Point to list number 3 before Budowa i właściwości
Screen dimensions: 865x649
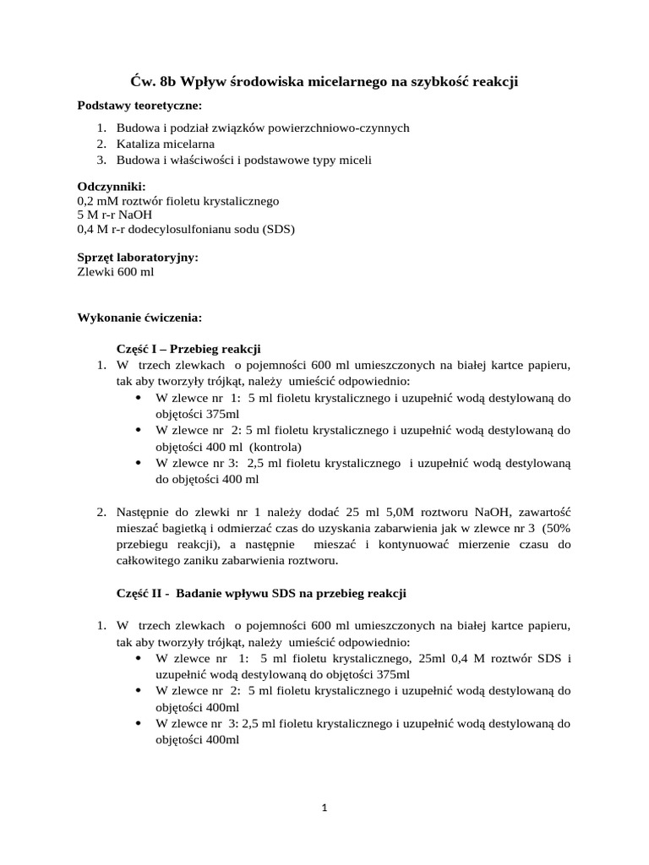100,160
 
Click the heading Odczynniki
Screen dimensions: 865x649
111,186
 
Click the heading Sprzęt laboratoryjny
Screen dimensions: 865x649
138,257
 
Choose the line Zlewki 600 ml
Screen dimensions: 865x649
116,271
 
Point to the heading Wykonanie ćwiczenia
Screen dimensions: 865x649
139,319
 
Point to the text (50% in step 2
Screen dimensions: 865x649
557,528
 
